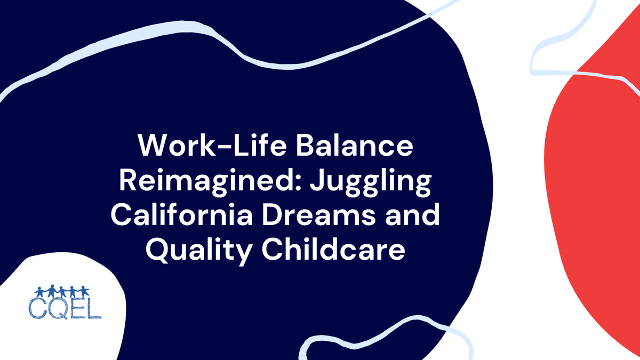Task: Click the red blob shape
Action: click(592, 203)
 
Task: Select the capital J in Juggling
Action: click(308, 182)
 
